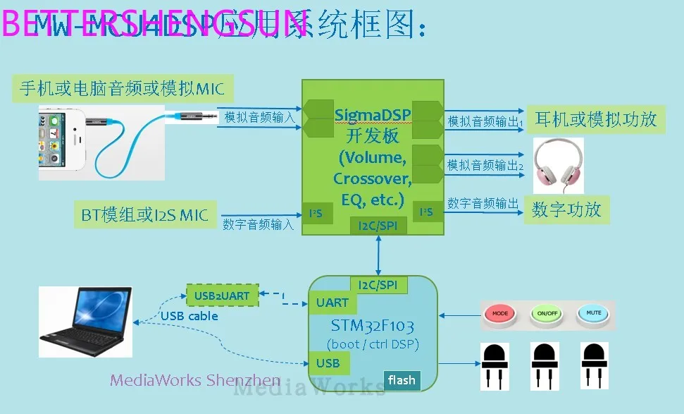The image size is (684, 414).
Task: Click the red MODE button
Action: (x=500, y=313)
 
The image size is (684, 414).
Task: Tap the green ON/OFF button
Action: (x=547, y=313)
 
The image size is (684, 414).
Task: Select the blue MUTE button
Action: (x=592, y=313)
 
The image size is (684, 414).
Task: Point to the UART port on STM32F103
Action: (x=332, y=303)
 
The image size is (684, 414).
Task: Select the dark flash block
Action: (x=402, y=381)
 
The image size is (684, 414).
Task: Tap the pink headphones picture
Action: (x=558, y=164)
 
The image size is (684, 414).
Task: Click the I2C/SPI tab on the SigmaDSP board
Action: (x=378, y=226)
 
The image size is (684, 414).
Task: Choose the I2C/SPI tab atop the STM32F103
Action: (x=378, y=285)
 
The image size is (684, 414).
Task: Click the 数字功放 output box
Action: (x=566, y=210)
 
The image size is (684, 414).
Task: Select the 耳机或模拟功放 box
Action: (x=595, y=119)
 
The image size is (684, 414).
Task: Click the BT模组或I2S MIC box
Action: (x=144, y=215)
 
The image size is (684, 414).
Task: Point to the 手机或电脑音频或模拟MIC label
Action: (x=122, y=88)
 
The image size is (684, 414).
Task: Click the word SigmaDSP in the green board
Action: (x=372, y=114)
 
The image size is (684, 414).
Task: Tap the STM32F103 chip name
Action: (x=372, y=326)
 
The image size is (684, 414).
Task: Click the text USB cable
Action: (x=189, y=317)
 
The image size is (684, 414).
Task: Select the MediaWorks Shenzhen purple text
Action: (x=195, y=381)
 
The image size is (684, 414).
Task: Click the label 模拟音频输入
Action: (x=260, y=118)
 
